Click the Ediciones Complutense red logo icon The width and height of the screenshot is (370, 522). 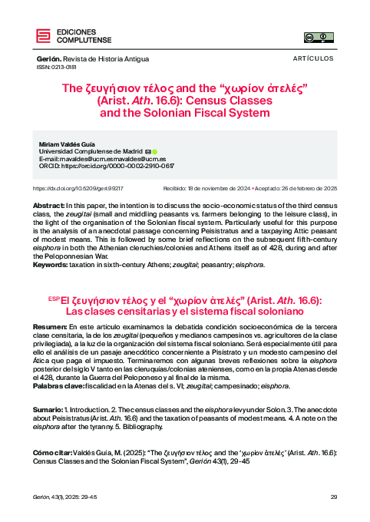(x=43, y=35)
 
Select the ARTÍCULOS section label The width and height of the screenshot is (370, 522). (x=313, y=58)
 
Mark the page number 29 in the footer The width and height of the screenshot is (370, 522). (x=333, y=497)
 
